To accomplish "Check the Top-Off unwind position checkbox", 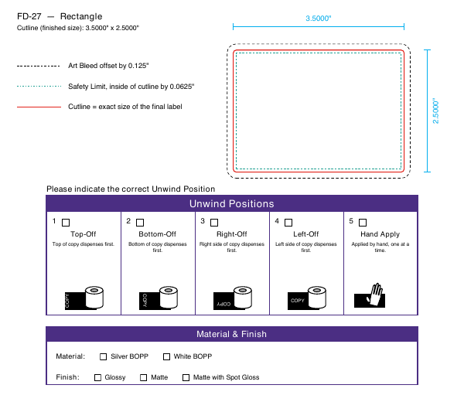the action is tap(66, 223).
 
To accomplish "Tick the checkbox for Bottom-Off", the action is tap(140, 223).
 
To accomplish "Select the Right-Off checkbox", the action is tap(214, 223).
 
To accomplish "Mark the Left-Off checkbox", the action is tap(288, 223).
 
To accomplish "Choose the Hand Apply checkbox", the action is tap(363, 223).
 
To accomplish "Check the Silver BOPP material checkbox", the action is tap(104, 356).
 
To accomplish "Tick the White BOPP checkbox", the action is tap(166, 356).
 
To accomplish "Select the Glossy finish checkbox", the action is tap(97, 378).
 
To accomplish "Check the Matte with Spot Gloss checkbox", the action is tap(186, 378).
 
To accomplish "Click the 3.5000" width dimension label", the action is tap(319, 19).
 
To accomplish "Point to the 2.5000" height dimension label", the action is tap(435, 111).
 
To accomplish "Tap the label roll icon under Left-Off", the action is tap(307, 298).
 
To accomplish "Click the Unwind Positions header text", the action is tap(232, 204).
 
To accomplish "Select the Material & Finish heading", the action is tap(231, 334).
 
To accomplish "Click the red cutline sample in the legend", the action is tap(39, 107).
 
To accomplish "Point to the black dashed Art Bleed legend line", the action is tap(39, 66).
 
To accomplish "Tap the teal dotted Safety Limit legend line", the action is tap(39, 87).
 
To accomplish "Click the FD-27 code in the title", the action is tap(29, 16).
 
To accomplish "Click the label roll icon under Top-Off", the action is tap(84, 298).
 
